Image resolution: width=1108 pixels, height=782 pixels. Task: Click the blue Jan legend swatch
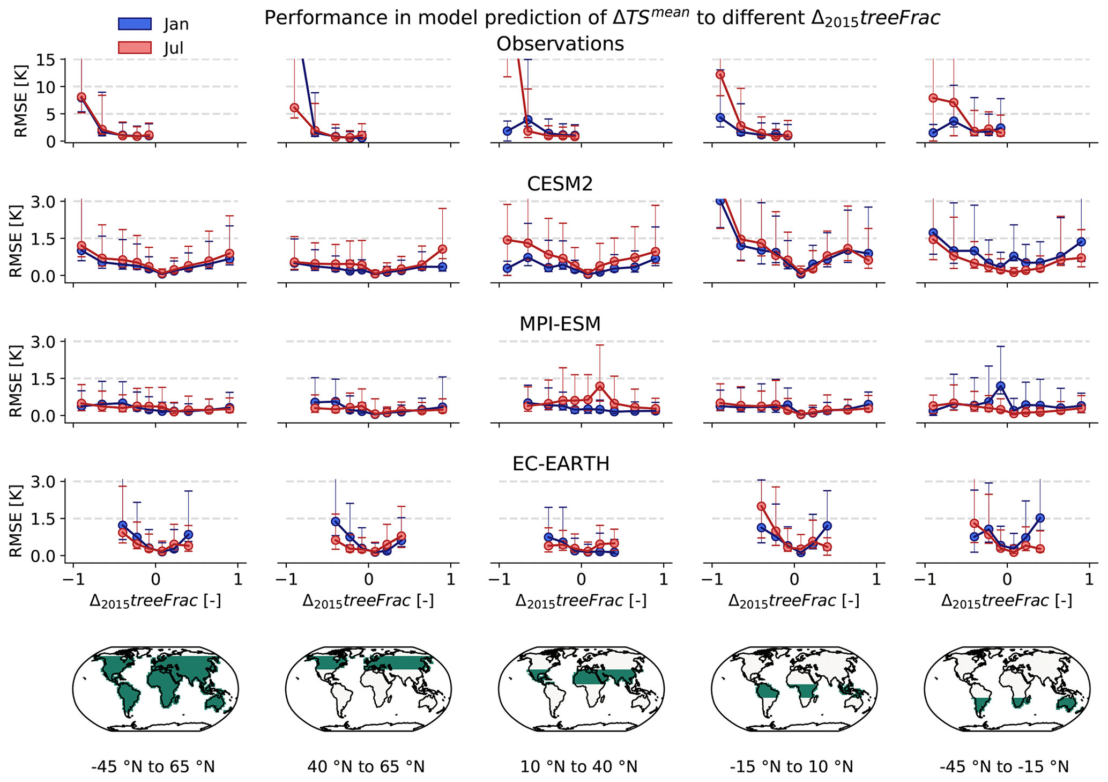coord(135,24)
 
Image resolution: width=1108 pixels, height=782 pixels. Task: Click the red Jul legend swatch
coord(135,48)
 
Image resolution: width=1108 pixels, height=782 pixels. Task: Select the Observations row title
coord(560,44)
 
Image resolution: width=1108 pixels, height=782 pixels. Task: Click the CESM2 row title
coord(560,184)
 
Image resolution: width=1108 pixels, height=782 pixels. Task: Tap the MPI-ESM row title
coord(560,324)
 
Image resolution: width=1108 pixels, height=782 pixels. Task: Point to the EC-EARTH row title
coord(561,464)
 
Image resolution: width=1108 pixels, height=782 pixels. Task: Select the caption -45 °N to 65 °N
coord(153,767)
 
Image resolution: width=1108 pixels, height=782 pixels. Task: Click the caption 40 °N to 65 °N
coord(366,767)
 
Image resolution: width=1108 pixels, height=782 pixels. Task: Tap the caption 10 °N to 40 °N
coord(579,767)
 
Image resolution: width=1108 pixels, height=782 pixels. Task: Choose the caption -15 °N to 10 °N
coord(791,767)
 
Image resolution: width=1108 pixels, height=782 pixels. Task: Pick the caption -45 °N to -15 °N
coord(1004,767)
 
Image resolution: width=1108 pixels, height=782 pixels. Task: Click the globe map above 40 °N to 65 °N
coord(368,689)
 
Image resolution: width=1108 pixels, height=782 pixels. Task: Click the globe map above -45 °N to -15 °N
coord(1007,689)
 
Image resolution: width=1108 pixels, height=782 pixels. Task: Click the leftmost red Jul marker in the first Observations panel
coord(81,98)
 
